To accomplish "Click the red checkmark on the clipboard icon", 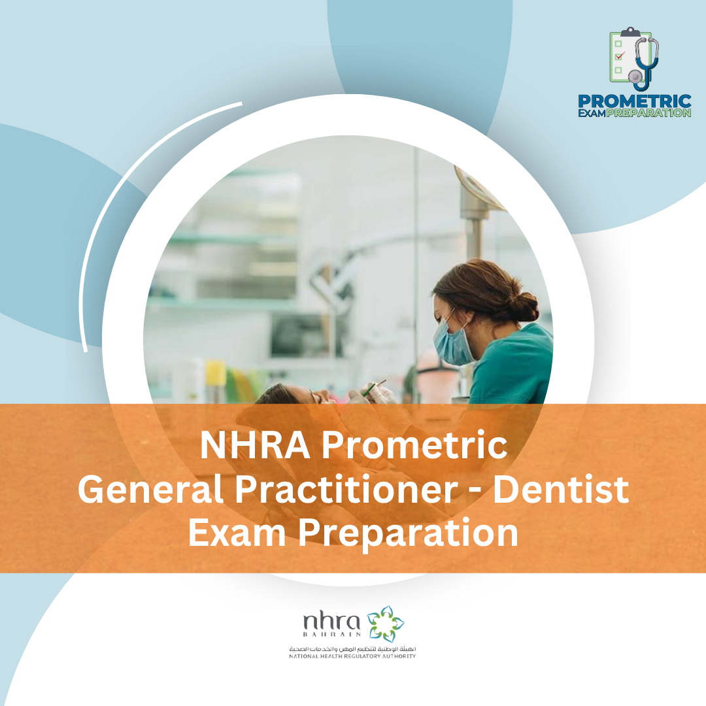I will pos(620,56).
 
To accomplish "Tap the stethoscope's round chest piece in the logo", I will pos(634,76).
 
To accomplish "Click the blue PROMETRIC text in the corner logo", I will pos(634,101).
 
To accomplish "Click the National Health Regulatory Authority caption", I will pos(352,656).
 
